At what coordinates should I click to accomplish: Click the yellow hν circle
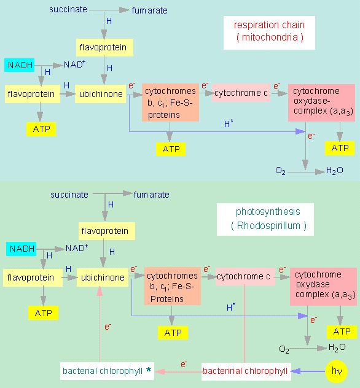[x=337, y=371]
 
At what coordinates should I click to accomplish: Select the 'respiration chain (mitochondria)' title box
[x=269, y=33]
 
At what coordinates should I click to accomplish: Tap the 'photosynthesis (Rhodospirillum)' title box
[x=265, y=219]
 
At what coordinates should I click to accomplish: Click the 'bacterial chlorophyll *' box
[x=107, y=371]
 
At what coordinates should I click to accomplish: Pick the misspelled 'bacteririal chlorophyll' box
[x=246, y=371]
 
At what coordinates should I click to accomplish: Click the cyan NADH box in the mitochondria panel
[x=19, y=65]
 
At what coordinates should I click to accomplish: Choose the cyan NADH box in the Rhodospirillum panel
[x=22, y=249]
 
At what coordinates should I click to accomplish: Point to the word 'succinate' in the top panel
[x=68, y=9]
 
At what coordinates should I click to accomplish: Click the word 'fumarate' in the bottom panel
[x=152, y=195]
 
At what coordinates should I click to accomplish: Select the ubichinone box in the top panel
[x=101, y=94]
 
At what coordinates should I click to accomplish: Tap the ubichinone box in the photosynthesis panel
[x=103, y=277]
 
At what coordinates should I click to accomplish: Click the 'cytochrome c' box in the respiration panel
[x=241, y=93]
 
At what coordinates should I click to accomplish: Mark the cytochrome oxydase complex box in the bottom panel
[x=323, y=287]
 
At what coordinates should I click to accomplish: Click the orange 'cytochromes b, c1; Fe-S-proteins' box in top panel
[x=170, y=103]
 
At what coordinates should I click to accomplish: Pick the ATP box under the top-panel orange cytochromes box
[x=171, y=149]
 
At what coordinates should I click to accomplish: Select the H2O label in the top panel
[x=334, y=171]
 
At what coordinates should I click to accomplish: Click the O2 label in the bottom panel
[x=284, y=349]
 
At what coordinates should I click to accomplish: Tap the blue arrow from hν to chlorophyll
[x=308, y=371]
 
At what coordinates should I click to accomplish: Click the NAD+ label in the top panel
[x=74, y=64]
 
